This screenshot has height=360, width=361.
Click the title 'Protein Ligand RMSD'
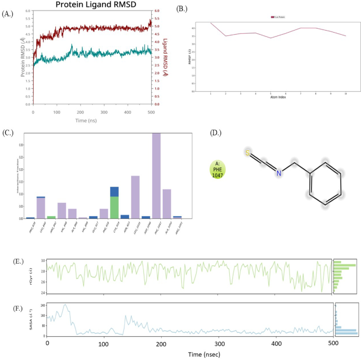coord(91,5)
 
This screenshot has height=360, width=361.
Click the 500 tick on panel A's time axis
coord(151,112)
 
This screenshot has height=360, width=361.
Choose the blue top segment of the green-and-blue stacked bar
coord(114,191)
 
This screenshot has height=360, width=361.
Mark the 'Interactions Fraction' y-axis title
coord(21,176)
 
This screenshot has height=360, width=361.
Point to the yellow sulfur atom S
coord(247,153)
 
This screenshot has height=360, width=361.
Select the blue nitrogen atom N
coord(280,173)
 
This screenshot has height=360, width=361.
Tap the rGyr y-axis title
coord(37,276)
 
